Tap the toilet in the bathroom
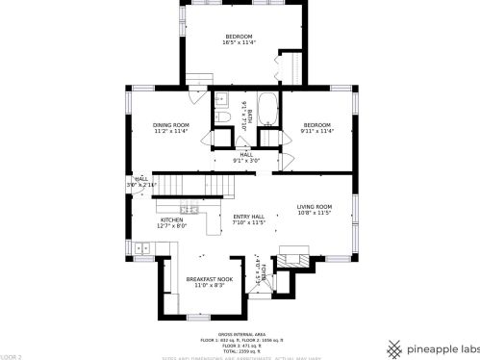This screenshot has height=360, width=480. pyautogui.click(x=221, y=118)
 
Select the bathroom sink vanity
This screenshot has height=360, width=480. pyautogui.click(x=220, y=98)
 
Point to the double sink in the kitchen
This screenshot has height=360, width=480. pyautogui.click(x=142, y=249)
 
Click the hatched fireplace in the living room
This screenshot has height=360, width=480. pyautogui.click(x=294, y=257)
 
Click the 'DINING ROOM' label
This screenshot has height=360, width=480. pyautogui.click(x=171, y=125)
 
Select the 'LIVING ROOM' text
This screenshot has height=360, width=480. pyautogui.click(x=314, y=207)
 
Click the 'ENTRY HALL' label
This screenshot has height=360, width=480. pyautogui.click(x=248, y=217)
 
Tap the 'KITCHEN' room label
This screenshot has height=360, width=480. pyautogui.click(x=172, y=220)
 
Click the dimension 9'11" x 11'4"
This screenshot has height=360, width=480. pyautogui.click(x=316, y=132)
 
